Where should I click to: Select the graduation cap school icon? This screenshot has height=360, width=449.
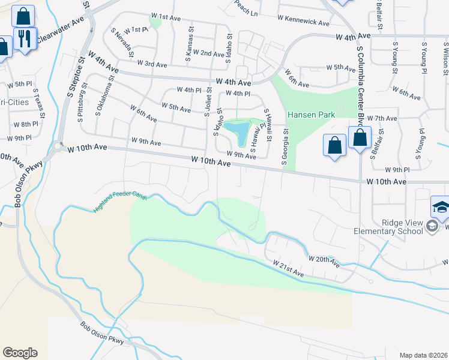[441, 208]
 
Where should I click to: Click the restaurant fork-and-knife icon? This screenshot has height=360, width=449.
[25, 40]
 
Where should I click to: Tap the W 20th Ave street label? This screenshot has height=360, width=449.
[324, 262]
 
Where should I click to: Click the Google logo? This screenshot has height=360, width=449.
[20, 353]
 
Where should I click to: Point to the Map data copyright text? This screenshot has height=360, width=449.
[423, 355]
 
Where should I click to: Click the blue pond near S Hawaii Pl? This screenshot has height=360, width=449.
[240, 132]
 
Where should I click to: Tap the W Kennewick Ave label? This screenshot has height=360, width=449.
[304, 23]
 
